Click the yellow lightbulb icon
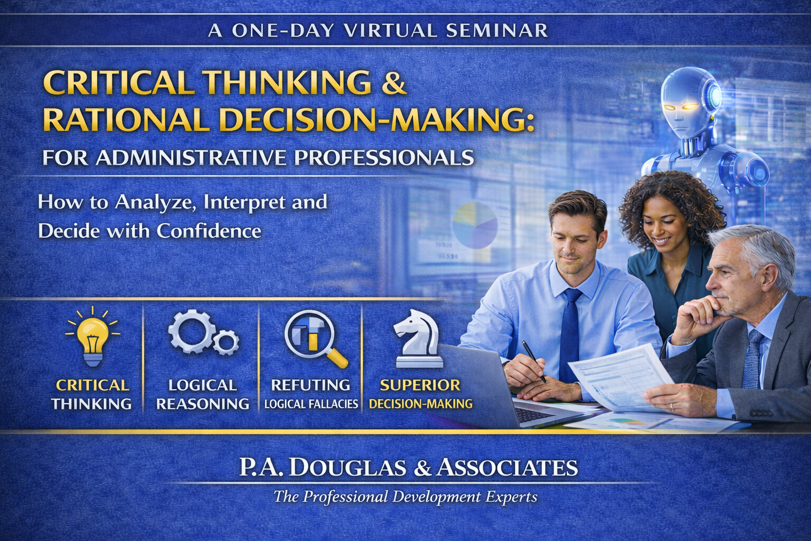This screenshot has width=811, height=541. pyautogui.click(x=93, y=337)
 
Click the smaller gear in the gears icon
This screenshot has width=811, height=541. pyautogui.click(x=226, y=342)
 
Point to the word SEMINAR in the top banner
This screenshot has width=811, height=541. pyautogui.click(x=496, y=31)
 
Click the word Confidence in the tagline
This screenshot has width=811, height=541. pyautogui.click(x=209, y=231)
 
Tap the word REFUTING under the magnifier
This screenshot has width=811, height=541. pyautogui.click(x=310, y=385)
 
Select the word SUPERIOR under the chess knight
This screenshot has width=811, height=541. pyautogui.click(x=420, y=385)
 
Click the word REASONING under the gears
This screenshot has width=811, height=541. pyautogui.click(x=203, y=404)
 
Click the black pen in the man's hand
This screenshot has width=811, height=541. pyautogui.click(x=534, y=361)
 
